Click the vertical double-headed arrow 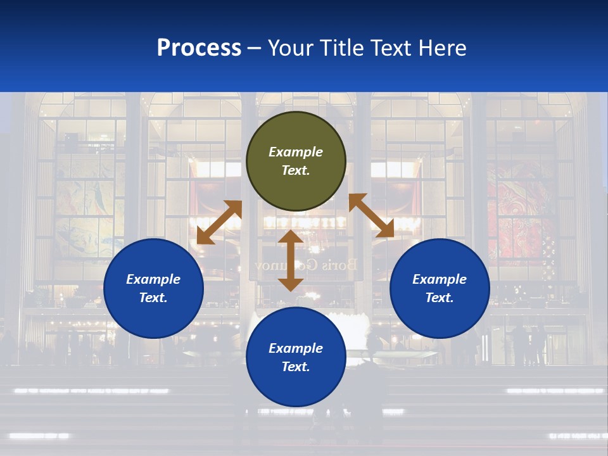coord(291,260)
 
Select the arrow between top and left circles coord(219,222)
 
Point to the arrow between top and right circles coord(371,215)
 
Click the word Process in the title coord(199,47)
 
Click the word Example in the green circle coord(296,152)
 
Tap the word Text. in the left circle coord(153,298)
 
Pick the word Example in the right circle coord(440,279)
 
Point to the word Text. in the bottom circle coord(296,367)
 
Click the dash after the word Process coord(255,49)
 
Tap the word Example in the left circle coord(153,279)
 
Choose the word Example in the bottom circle coord(296,348)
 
